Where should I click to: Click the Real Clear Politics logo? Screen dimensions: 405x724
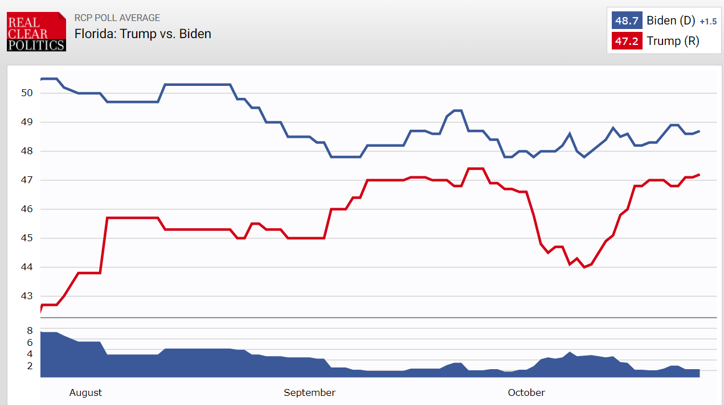point(36,32)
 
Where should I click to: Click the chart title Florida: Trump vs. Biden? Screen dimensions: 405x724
point(143,34)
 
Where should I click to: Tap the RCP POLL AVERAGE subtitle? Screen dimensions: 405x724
point(117,18)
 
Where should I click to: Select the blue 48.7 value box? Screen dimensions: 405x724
point(627,21)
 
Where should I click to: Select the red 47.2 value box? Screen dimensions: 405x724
point(627,41)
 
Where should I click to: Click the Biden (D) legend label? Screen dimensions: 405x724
point(670,21)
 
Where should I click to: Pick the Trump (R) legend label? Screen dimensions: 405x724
point(673,41)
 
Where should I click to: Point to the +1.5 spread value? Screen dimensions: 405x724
point(708,22)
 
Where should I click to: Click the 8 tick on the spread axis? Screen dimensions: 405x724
point(30,330)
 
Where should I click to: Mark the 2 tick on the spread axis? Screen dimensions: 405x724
point(30,366)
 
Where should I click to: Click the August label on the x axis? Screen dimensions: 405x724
point(85,392)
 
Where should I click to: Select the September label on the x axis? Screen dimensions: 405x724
point(309,392)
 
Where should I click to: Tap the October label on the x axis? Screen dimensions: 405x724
point(526,392)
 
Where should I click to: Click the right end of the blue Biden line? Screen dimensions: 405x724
point(699,131)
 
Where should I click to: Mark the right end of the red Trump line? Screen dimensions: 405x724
point(699,175)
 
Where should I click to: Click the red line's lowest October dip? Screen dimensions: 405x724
point(584,267)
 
